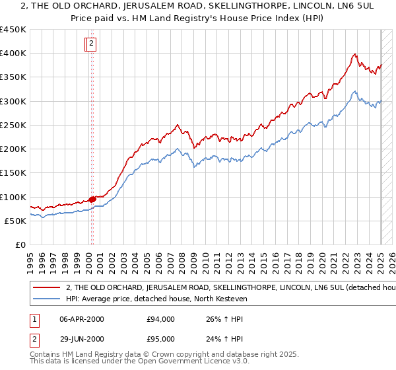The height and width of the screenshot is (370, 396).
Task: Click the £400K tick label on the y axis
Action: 13,54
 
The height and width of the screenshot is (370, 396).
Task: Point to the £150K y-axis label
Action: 13,173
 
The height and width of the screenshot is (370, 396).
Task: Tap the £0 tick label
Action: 20,245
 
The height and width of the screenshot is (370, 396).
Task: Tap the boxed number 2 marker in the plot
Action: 91,44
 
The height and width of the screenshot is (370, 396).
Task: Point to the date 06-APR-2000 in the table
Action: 81,319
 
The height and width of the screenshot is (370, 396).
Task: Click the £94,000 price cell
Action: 160,319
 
